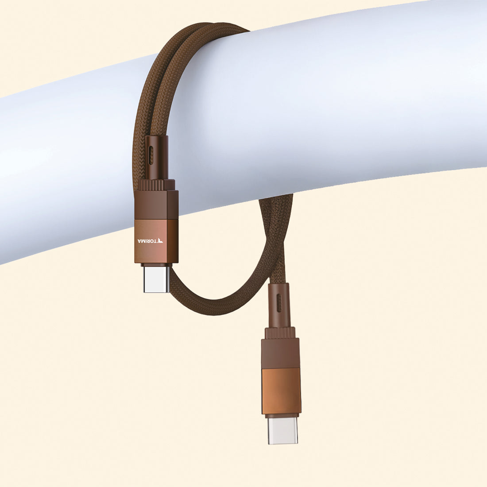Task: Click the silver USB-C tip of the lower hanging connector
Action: (x=282, y=430)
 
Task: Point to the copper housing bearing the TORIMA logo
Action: (x=156, y=241)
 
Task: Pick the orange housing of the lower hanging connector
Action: (x=282, y=391)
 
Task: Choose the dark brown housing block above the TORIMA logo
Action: (x=156, y=205)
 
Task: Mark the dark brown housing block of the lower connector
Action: (x=280, y=353)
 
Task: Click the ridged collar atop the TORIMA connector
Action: (x=155, y=185)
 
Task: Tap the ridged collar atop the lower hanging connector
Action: (x=280, y=333)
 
